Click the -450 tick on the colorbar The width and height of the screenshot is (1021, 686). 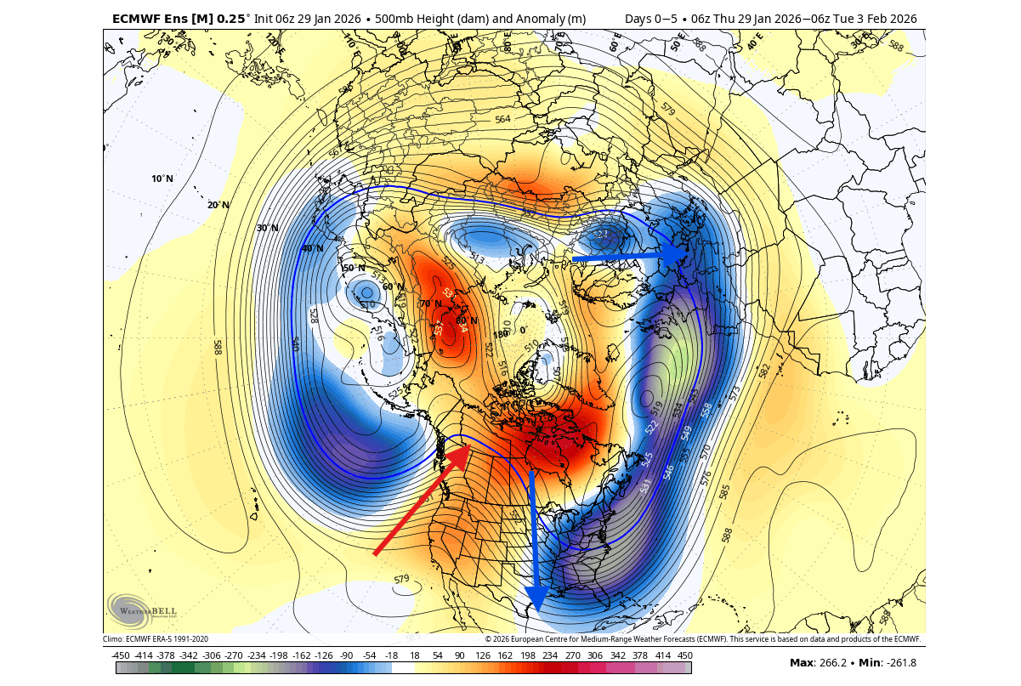121,655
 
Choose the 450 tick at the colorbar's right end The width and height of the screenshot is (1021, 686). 685,655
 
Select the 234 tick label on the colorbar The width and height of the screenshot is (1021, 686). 549,655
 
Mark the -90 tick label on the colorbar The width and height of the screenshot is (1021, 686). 346,655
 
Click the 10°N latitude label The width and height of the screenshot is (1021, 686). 162,179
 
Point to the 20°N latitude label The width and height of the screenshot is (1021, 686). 218,205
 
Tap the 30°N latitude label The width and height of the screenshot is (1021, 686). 268,228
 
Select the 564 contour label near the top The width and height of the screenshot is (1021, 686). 502,120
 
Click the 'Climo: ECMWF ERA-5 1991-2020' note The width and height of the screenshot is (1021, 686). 156,639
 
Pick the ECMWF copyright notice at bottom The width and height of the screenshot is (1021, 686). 702,639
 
